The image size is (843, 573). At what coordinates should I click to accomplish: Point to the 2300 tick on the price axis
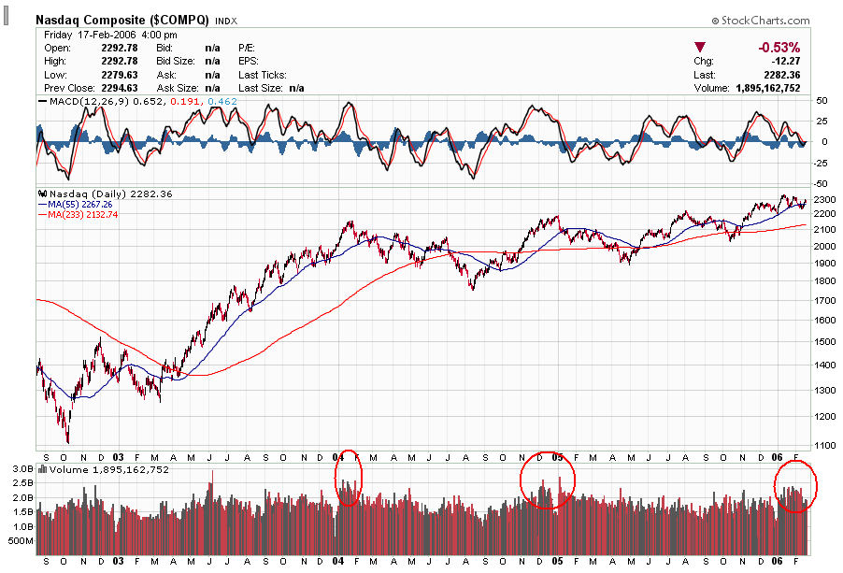tap(826, 200)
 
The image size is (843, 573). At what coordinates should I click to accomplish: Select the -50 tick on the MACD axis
tap(822, 183)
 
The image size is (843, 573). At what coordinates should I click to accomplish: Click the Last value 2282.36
tap(781, 75)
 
